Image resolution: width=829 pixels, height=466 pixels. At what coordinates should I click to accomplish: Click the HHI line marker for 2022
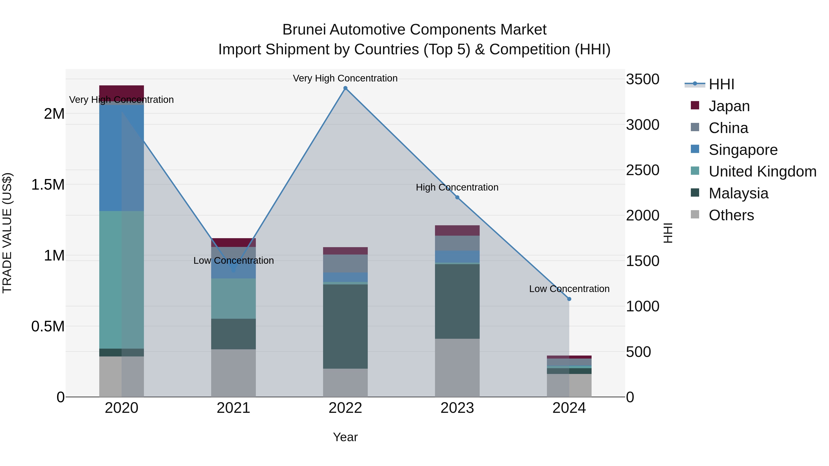[345, 88]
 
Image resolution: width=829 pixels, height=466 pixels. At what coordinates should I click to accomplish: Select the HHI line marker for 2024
[569, 299]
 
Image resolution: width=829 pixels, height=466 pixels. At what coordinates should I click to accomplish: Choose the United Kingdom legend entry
[762, 171]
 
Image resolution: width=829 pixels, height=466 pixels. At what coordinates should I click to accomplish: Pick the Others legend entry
[731, 215]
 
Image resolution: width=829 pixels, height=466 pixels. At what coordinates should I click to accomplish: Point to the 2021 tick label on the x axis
[233, 408]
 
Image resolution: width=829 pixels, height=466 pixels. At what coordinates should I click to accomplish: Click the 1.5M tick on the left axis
[48, 185]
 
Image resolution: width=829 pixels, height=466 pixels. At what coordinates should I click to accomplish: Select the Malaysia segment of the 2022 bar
[345, 326]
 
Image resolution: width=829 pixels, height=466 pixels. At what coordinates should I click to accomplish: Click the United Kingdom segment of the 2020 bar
[121, 280]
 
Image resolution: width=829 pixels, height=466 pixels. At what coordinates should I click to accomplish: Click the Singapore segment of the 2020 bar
[121, 158]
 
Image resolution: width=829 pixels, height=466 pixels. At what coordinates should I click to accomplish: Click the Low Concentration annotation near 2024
[569, 289]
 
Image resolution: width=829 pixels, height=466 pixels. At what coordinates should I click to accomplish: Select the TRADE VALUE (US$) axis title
[7, 233]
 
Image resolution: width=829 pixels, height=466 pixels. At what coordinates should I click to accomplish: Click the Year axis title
[345, 437]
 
